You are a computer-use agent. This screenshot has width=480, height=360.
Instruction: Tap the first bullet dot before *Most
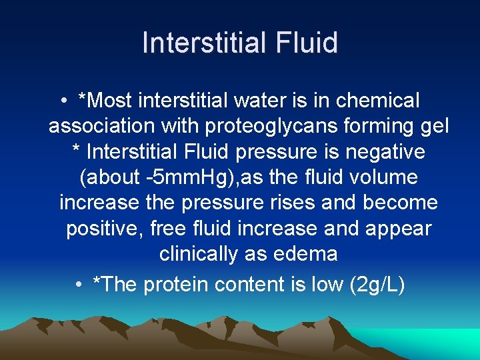61,101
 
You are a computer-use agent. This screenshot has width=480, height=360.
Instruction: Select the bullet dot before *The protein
79,285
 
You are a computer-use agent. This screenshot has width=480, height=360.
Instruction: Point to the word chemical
378,101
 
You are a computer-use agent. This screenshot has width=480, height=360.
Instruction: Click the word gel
436,126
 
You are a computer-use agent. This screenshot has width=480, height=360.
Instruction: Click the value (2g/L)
377,285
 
